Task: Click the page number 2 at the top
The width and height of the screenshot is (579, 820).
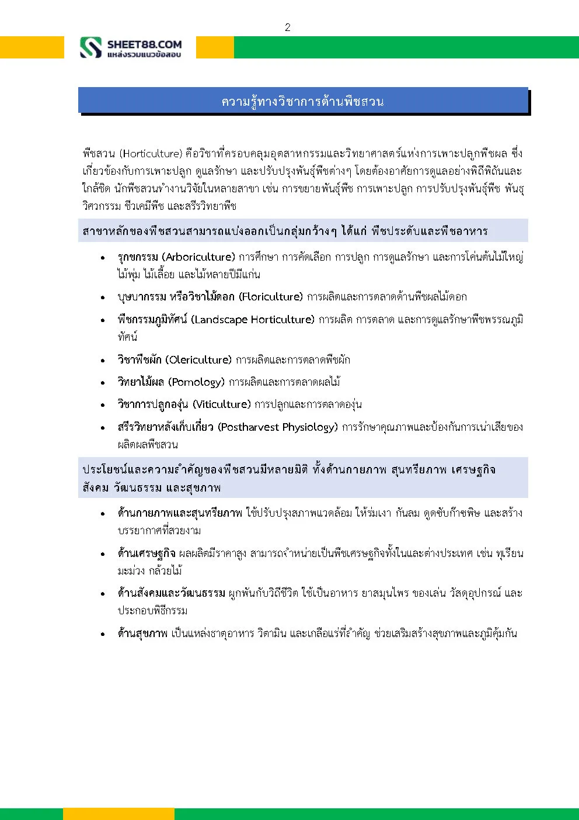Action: tap(287, 27)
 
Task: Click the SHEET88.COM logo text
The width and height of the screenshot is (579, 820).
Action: tap(144, 44)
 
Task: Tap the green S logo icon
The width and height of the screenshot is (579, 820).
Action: tap(90, 47)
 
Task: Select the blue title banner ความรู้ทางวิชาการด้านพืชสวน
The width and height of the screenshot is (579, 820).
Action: tap(303, 101)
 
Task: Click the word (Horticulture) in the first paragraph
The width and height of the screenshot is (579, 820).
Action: tap(151, 154)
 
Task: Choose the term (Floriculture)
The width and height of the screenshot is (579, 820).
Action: tap(271, 296)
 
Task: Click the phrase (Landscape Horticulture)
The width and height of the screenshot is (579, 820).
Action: tap(253, 319)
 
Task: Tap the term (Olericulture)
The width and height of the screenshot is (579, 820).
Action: tap(198, 359)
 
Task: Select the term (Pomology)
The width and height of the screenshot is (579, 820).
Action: tap(196, 382)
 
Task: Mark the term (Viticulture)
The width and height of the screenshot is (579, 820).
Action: tap(222, 404)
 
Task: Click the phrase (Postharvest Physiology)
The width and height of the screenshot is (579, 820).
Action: tap(278, 427)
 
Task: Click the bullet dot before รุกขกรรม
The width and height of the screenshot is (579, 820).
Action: tap(103, 258)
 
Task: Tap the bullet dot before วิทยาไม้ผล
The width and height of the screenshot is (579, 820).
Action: tap(103, 383)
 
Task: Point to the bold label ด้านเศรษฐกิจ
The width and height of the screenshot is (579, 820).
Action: tap(146, 553)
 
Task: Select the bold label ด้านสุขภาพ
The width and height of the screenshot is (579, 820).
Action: tap(142, 633)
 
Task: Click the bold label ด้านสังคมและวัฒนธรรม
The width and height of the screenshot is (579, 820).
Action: tap(171, 593)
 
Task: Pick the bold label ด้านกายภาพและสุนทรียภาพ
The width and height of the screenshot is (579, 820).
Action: tap(179, 513)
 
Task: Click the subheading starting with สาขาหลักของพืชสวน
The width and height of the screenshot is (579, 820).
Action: tap(285, 231)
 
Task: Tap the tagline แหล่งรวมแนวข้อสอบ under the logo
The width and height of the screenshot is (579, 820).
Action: tap(144, 54)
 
